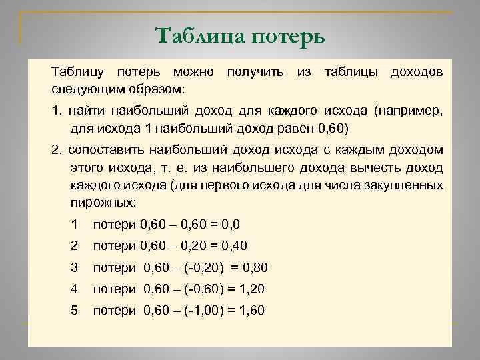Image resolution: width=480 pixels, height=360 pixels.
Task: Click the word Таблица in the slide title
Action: click(x=199, y=34)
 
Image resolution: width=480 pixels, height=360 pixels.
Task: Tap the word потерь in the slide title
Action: click(x=289, y=35)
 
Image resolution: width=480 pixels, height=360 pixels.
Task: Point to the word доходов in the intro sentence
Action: click(x=415, y=71)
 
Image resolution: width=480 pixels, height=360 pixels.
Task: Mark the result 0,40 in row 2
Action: click(x=233, y=245)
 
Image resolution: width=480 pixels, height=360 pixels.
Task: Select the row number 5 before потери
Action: click(x=75, y=311)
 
